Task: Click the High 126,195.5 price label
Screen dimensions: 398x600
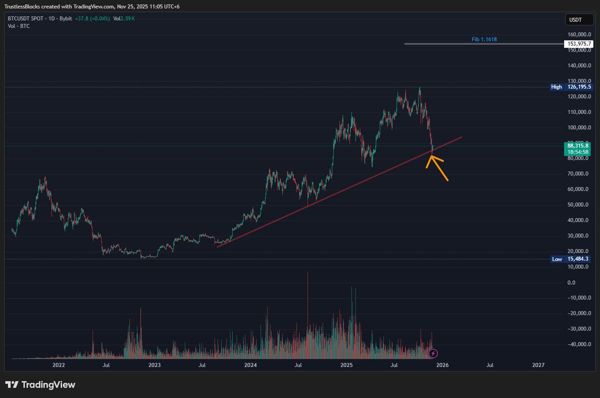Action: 571,87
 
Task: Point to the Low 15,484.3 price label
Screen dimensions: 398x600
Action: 571,259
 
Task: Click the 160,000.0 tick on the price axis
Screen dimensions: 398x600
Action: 579,34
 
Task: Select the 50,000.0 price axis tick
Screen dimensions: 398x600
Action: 578,204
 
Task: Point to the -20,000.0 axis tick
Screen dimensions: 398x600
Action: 578,313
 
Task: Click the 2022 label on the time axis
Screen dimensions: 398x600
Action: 59,365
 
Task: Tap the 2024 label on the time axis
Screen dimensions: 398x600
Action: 250,365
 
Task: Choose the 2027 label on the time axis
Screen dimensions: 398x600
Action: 538,365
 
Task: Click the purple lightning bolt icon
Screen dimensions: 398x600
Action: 433,353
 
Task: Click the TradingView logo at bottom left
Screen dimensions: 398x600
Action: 40,384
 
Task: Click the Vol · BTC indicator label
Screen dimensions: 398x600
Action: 18,25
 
